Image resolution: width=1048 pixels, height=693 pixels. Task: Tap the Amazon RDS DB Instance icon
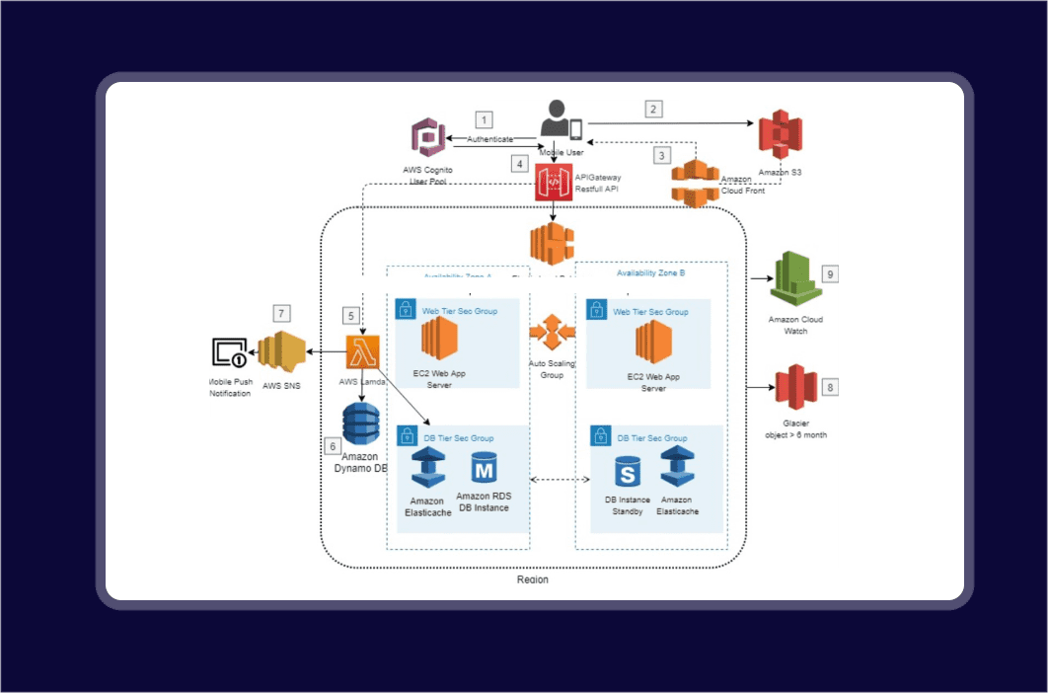484,469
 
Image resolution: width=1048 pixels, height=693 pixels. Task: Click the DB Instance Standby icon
628,471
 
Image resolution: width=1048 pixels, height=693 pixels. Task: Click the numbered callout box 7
282,313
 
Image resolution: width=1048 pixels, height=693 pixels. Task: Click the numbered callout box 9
830,273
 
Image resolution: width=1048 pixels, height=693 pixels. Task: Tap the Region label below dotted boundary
533,579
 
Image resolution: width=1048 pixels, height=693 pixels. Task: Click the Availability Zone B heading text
650,272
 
